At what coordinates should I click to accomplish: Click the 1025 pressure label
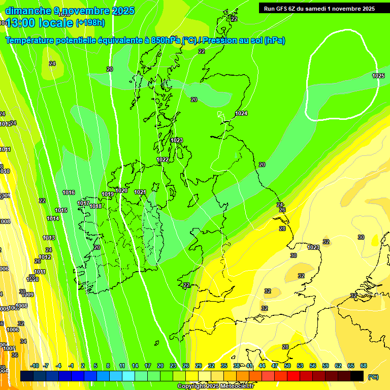click(378, 76)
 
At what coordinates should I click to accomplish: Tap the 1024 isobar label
click(241, 113)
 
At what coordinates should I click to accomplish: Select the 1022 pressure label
click(162, 159)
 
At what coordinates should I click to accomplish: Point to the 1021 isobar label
click(140, 192)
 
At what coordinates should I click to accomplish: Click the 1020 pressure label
click(121, 190)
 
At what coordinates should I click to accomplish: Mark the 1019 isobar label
click(108, 194)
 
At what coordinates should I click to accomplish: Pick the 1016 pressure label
click(69, 192)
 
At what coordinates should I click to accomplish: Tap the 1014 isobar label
click(53, 218)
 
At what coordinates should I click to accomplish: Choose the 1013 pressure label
click(49, 238)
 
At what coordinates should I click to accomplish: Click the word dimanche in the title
click(26, 11)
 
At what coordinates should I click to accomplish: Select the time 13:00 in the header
click(21, 22)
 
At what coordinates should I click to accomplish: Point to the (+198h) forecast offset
click(90, 23)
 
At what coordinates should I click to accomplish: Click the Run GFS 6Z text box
click(319, 8)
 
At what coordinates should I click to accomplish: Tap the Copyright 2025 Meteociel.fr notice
click(215, 386)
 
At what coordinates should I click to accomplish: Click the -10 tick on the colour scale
click(35, 366)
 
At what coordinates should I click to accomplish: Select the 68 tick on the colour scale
click(364, 366)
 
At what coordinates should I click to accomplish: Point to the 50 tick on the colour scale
click(287, 366)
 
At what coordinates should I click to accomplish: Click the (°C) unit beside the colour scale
click(373, 377)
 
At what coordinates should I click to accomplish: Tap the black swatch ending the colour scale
click(357, 376)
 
